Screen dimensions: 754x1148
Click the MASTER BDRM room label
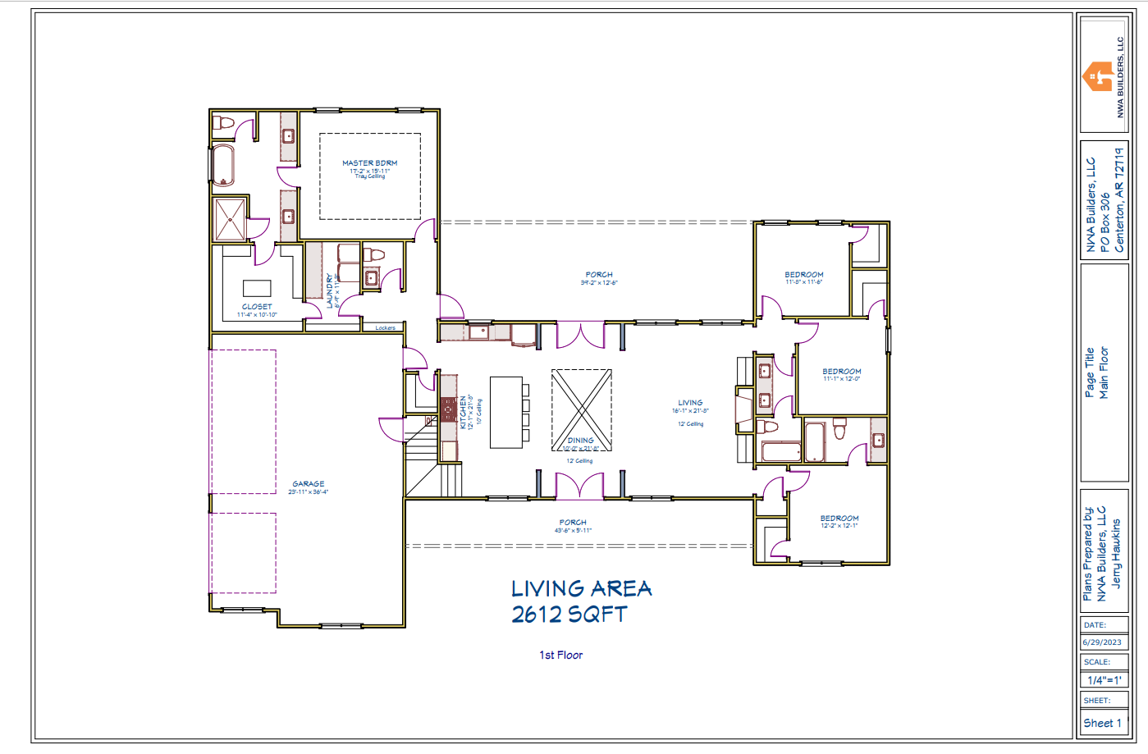tap(369, 163)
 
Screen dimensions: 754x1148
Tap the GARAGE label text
tap(309, 484)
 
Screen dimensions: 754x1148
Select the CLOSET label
tap(257, 307)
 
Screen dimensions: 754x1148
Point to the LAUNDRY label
tap(330, 291)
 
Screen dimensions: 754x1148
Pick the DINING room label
tap(580, 441)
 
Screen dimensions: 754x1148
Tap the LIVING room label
tap(690, 403)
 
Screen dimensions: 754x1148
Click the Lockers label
tap(385, 328)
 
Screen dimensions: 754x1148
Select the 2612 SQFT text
tap(569, 615)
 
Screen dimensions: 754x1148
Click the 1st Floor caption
tap(560, 655)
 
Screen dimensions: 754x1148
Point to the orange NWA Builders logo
tap(1097, 77)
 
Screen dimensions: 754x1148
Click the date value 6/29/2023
tap(1101, 642)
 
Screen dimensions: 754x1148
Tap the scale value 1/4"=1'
tap(1104, 680)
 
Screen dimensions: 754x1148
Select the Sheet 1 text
tap(1102, 723)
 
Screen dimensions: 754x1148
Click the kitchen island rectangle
tap(506, 412)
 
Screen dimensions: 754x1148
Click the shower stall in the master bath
tap(230, 219)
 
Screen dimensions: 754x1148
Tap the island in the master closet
tap(257, 288)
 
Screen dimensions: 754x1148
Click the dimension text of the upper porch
tap(599, 283)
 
